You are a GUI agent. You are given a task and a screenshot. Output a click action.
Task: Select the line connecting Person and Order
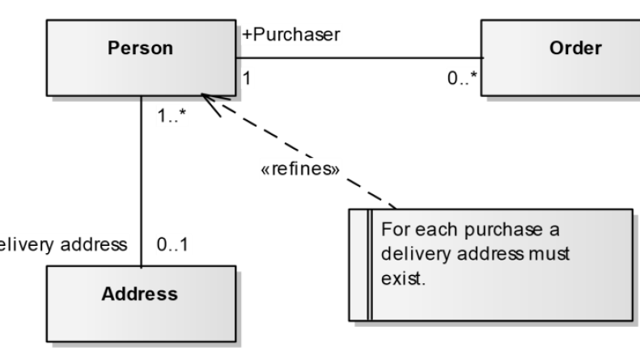click(356, 58)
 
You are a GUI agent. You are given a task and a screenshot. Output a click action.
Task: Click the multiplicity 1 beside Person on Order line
click(245, 79)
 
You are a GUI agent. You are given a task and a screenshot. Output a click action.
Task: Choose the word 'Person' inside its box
click(140, 48)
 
